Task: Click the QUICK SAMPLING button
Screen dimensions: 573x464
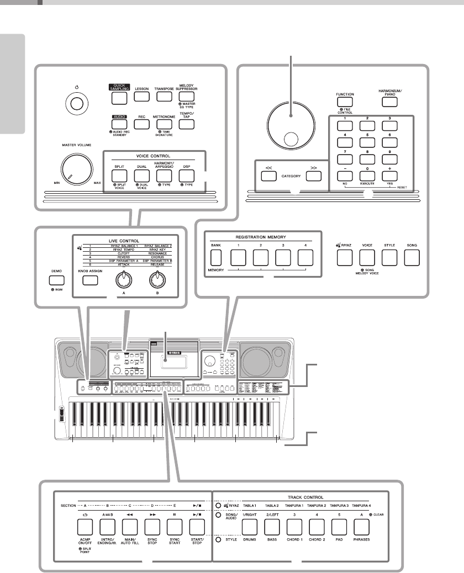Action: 119,98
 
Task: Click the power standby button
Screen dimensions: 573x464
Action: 77,103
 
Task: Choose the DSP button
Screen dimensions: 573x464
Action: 187,174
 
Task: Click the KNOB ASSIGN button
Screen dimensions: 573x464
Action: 89,280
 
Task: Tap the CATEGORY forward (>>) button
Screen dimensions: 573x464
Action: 313,176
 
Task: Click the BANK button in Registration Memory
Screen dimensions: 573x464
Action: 215,257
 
